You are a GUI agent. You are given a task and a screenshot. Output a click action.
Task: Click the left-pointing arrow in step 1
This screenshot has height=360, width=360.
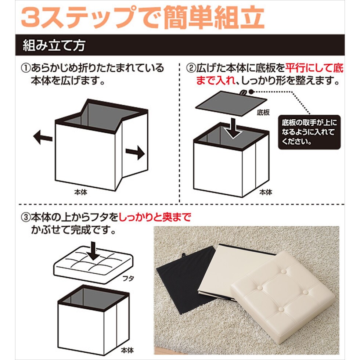[x=43, y=137]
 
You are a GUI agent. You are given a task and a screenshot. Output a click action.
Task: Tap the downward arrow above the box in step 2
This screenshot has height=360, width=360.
[x=233, y=128]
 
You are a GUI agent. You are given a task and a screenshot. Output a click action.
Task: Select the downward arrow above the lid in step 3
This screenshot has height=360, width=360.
[x=93, y=251]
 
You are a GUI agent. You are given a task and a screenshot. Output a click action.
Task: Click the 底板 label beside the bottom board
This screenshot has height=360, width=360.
[x=263, y=112]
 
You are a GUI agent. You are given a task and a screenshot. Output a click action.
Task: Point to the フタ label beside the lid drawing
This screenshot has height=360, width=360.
[x=128, y=278]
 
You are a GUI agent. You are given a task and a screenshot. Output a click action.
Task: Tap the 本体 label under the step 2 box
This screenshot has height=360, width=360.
[x=266, y=192]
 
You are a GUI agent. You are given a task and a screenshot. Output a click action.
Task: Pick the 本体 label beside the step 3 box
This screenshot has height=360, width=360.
[x=127, y=350]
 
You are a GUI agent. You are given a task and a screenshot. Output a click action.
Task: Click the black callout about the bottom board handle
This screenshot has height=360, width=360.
[x=309, y=132]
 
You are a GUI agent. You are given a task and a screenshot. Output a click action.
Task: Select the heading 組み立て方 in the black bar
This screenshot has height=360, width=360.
[x=54, y=45]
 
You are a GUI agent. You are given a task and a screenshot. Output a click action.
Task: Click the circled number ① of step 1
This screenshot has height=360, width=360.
[x=25, y=68]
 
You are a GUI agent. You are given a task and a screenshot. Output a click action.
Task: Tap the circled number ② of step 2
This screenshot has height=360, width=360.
[x=191, y=68]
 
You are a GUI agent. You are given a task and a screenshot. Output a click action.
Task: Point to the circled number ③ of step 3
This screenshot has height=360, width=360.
[x=25, y=217]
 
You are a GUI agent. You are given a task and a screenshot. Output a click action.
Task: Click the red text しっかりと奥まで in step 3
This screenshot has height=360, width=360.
[x=155, y=217]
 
